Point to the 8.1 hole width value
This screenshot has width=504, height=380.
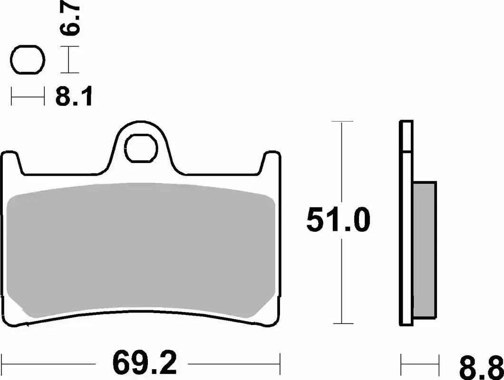click(x=74, y=97)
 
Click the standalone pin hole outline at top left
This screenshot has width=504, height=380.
click(x=28, y=60)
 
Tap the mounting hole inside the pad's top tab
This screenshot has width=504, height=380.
click(x=142, y=148)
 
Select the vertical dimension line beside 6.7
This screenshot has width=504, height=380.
click(x=70, y=60)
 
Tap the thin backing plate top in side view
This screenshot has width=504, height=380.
click(x=406, y=135)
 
